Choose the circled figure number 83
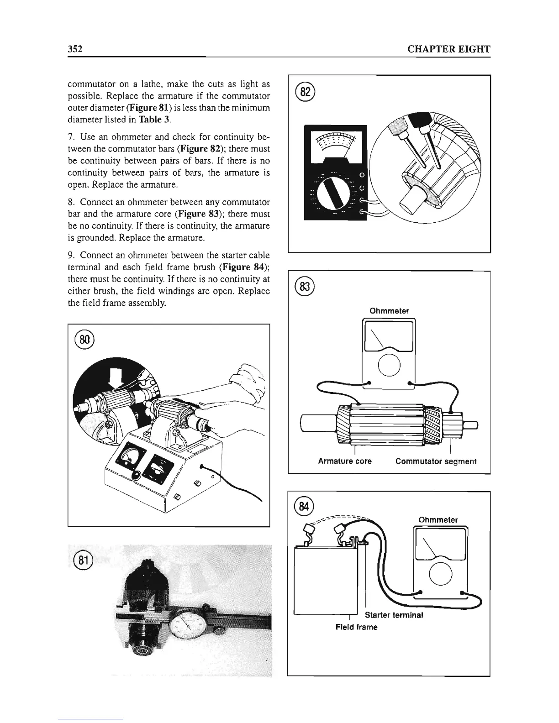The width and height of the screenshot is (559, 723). [306, 287]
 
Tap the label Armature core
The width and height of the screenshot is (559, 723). [345, 461]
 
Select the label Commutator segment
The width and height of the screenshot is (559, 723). [436, 461]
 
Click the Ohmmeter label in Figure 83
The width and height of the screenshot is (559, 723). [389, 311]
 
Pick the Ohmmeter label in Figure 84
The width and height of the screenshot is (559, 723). [438, 520]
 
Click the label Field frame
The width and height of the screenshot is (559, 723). [356, 627]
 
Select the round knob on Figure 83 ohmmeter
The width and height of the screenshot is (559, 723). [389, 365]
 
